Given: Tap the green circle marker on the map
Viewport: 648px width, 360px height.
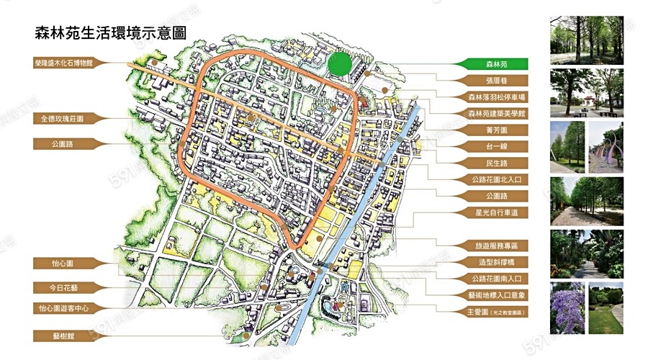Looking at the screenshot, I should (339, 64).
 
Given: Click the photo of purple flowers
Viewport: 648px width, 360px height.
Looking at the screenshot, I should (567, 308).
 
